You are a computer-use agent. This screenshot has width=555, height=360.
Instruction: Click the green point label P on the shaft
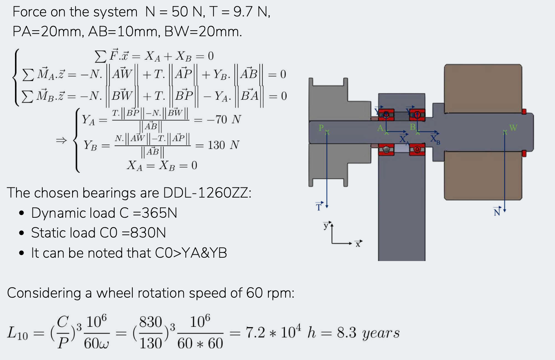(321, 128)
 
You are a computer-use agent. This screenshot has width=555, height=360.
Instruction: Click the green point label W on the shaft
(513, 128)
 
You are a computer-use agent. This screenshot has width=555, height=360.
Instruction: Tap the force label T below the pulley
(319, 207)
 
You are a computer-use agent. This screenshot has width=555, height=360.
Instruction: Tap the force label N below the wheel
(497, 212)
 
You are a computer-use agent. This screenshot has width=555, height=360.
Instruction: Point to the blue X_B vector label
(435, 139)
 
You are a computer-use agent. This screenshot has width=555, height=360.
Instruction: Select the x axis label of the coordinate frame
(358, 244)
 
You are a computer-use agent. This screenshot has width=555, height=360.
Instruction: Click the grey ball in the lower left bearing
(386, 149)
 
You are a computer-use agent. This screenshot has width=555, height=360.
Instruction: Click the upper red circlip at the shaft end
(524, 111)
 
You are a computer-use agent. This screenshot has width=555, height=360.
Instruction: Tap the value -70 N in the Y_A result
(223, 120)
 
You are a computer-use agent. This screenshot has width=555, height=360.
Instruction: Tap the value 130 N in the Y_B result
(223, 145)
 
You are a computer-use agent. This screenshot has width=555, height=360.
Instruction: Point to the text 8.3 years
(368, 333)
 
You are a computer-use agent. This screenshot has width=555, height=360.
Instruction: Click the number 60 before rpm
(255, 293)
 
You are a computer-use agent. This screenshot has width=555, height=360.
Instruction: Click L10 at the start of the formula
(18, 333)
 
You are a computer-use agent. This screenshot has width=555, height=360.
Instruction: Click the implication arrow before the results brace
(61, 140)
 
